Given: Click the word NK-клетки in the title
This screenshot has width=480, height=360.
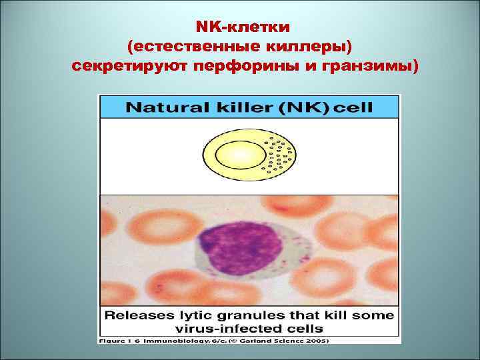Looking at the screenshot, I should (x=243, y=27).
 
